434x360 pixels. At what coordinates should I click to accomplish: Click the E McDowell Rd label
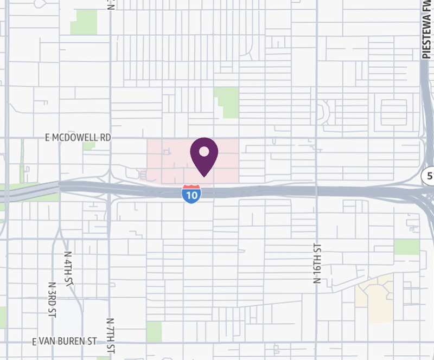(78, 138)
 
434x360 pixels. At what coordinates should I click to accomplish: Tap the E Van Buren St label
(65, 342)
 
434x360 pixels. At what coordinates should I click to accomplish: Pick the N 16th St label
(317, 263)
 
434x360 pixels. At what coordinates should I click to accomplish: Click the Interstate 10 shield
(190, 194)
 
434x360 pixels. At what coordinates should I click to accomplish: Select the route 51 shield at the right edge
(429, 175)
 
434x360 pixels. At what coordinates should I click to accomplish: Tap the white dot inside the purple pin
(204, 151)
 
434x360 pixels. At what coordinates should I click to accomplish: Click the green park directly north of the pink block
(227, 101)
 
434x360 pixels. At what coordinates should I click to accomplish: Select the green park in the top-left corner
(84, 22)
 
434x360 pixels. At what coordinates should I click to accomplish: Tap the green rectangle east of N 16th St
(407, 247)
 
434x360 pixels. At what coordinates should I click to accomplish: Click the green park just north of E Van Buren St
(154, 331)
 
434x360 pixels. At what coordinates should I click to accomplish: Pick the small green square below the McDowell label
(89, 145)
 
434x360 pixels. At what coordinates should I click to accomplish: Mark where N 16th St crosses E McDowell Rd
(316, 138)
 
